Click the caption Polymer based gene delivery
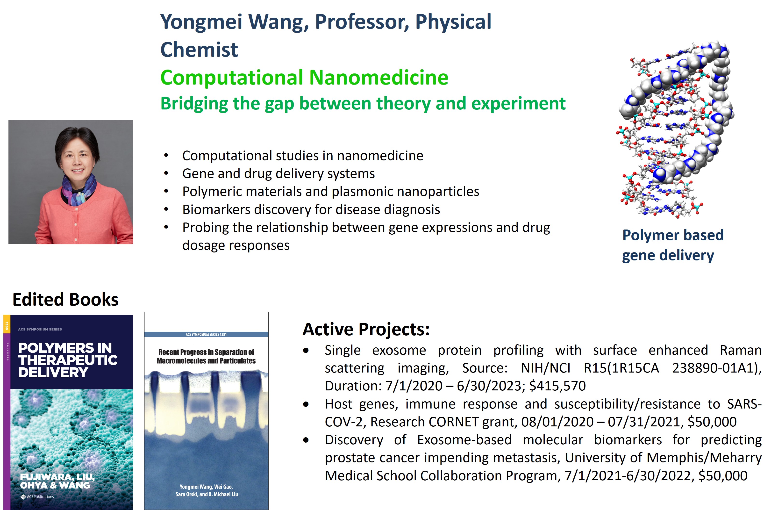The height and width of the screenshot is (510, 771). pyautogui.click(x=672, y=245)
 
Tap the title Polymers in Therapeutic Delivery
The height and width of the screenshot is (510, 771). pyautogui.click(x=67, y=360)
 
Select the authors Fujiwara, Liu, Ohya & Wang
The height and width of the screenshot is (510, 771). pyautogui.click(x=57, y=481)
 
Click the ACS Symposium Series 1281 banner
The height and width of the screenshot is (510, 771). pyautogui.click(x=206, y=334)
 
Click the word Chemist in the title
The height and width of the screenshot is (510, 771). pyautogui.click(x=199, y=50)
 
